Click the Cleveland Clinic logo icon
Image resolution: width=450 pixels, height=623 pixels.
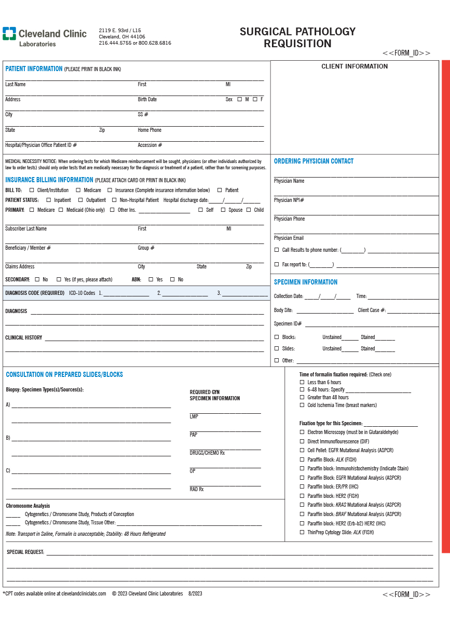point(9,34)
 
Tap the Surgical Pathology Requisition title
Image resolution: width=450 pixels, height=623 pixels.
point(297,37)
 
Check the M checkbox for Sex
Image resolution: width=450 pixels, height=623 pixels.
point(239,99)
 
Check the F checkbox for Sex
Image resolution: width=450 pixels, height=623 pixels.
point(255,99)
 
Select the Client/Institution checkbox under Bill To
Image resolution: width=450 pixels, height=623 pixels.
point(32,190)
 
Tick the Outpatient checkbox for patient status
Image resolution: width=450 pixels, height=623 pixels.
point(80,200)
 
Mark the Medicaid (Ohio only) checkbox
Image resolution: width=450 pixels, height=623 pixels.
point(61,210)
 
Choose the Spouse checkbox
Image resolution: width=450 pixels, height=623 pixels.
point(223,210)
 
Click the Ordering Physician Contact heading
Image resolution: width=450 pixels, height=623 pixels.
point(313,161)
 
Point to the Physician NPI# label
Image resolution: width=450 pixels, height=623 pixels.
point(289,200)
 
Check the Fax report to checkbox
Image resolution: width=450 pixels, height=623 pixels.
point(277,265)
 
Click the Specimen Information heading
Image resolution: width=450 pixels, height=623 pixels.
point(305,282)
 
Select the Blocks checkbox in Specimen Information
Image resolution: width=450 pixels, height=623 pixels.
point(277,337)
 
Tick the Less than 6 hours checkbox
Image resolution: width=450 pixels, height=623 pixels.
point(302,383)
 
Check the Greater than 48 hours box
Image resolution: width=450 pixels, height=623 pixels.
point(302,398)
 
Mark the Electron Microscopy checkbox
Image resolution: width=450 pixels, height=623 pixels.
point(302,432)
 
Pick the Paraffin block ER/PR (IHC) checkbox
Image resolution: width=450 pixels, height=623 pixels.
point(302,487)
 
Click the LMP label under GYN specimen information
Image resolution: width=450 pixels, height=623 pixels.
point(194,417)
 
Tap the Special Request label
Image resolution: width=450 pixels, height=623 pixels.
point(25,552)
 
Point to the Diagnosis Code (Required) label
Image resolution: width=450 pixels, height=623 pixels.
point(35,293)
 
